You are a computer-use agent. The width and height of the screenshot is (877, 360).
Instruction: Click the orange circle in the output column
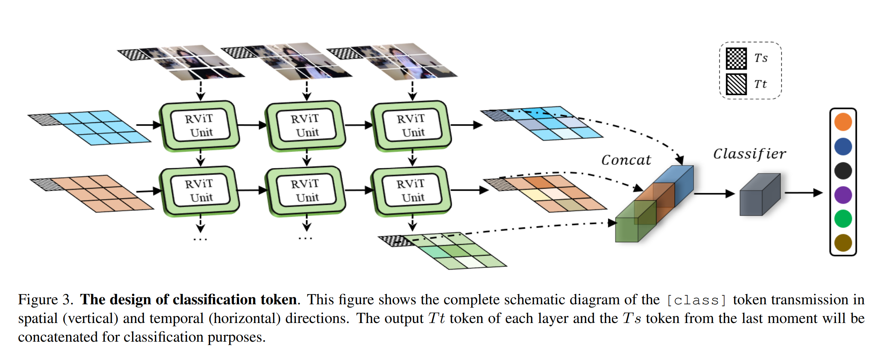(843, 122)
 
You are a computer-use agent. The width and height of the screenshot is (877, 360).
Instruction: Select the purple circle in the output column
(843, 195)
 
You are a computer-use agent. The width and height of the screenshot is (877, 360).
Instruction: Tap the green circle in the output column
(843, 219)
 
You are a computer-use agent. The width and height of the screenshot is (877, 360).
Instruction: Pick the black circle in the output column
(843, 171)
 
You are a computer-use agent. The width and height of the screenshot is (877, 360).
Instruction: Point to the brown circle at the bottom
(843, 243)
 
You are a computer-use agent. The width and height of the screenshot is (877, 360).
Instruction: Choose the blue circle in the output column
(843, 147)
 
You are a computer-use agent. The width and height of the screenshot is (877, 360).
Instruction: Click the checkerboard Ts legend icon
(736, 59)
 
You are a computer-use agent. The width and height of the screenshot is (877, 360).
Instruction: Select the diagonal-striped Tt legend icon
(736, 84)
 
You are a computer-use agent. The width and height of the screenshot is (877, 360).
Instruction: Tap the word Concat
(626, 160)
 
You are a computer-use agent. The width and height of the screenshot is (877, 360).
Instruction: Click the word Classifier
(750, 154)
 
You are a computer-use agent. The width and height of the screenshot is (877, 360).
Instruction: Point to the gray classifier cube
(760, 194)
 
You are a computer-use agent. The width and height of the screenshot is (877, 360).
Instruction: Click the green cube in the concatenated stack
(635, 221)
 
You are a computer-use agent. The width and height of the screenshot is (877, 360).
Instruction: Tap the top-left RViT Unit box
(200, 126)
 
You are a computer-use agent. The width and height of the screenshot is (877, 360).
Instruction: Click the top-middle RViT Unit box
(305, 126)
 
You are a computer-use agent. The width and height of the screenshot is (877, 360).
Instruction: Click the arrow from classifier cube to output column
(804, 193)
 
